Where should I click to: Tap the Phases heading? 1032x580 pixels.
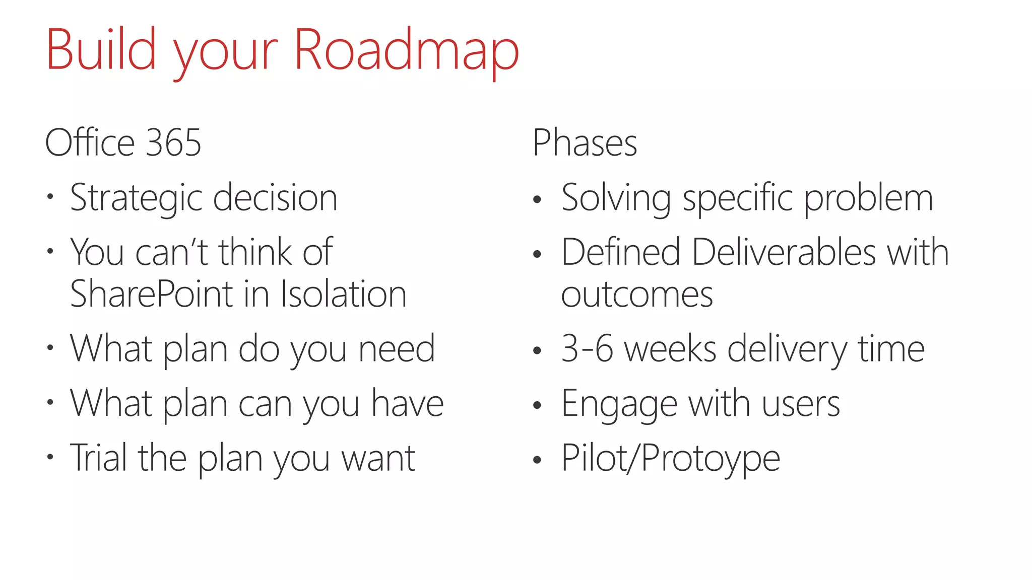tap(585, 143)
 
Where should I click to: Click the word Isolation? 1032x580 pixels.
tap(343, 295)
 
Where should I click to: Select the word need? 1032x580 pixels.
tap(397, 349)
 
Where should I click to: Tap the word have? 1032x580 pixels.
tap(407, 404)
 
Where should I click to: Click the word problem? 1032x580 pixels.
tap(868, 198)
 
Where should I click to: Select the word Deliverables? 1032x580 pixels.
tap(784, 252)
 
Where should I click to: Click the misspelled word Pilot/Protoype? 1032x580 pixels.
tap(670, 459)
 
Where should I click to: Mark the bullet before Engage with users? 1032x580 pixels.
tap(537, 405)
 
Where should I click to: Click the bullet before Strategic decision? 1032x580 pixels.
tap(50, 197)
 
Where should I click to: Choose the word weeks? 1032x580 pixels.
tap(670, 349)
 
